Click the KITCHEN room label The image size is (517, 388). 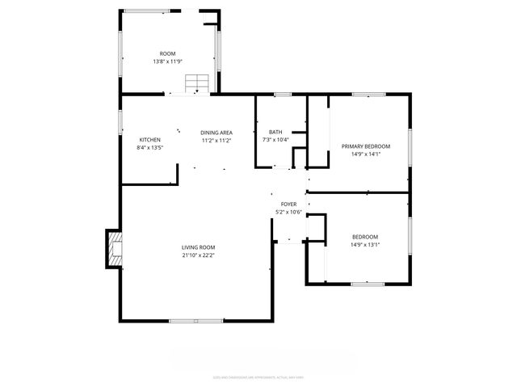point(149,139)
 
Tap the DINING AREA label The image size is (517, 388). point(216,133)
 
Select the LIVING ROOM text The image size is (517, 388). point(198,247)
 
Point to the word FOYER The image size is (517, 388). point(288,205)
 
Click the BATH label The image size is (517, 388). point(275,133)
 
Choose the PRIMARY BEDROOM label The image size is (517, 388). point(365,146)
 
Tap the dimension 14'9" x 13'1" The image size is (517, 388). point(365,244)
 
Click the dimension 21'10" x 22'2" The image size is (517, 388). point(198,255)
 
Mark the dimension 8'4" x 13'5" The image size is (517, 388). point(149,147)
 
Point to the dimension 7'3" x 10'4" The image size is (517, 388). point(275,140)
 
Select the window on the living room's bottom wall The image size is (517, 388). point(196,321)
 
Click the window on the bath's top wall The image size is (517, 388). point(282,95)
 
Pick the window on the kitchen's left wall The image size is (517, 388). point(121,121)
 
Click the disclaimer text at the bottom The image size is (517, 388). point(258,376)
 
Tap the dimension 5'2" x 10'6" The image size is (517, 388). point(288,213)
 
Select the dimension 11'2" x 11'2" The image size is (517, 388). point(216,141)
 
